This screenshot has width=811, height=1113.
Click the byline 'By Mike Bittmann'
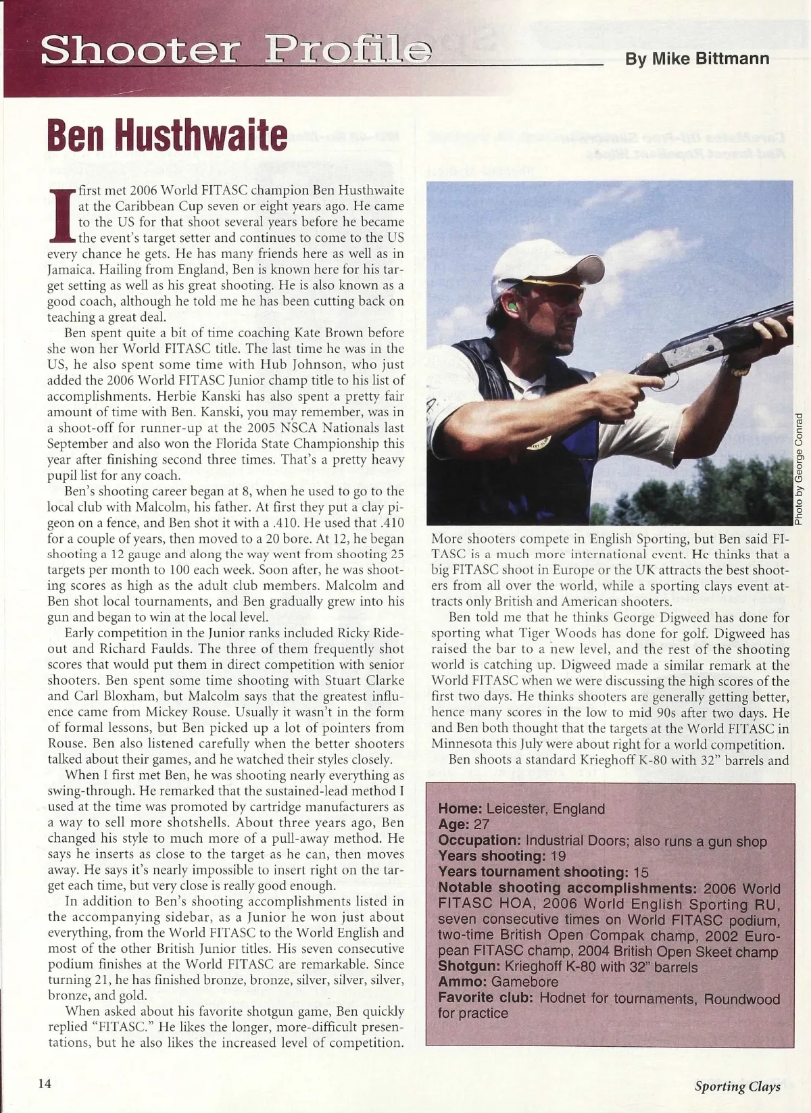[x=697, y=59]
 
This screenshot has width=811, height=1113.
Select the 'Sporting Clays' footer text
[x=737, y=1086]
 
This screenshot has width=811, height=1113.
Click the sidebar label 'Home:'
[x=460, y=809]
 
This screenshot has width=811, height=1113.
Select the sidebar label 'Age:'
[x=454, y=824]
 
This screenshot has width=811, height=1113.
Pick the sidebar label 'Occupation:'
[x=480, y=841]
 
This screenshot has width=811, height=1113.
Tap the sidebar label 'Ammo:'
[x=462, y=983]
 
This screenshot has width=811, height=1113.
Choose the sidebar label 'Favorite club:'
[x=484, y=999]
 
